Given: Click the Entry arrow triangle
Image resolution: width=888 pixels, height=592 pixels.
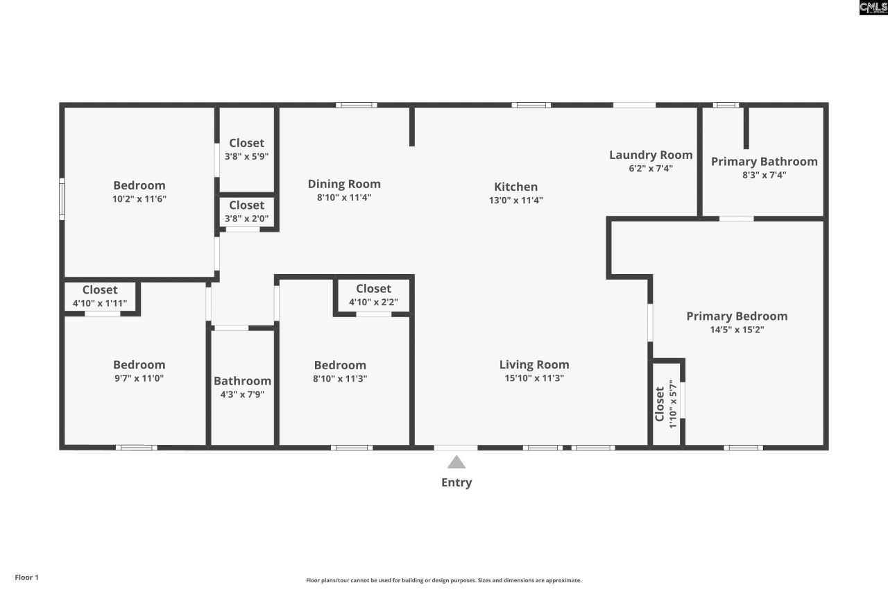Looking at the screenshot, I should (x=456, y=462).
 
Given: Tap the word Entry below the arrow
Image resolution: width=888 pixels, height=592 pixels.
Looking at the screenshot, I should (x=456, y=482).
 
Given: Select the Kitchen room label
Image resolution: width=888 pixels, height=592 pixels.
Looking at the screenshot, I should (x=515, y=187).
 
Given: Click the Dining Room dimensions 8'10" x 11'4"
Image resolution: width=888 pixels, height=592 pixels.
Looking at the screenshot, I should (x=344, y=197).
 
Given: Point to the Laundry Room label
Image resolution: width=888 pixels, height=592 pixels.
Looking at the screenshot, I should (x=651, y=155).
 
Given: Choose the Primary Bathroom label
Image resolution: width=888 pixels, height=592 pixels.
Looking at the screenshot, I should (x=764, y=162).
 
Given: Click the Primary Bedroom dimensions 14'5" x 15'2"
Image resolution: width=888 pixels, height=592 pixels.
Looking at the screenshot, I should (x=737, y=330).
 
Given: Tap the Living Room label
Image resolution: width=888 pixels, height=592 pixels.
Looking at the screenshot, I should (x=534, y=364).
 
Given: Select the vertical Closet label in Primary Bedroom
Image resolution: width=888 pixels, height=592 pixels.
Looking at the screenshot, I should (x=660, y=403).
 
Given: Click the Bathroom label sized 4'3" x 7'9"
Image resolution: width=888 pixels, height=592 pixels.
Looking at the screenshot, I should (x=242, y=381).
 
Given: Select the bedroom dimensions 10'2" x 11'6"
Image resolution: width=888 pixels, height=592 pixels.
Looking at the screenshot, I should (x=139, y=198).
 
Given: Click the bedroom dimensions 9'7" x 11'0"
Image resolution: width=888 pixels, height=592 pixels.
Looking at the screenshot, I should (x=139, y=378).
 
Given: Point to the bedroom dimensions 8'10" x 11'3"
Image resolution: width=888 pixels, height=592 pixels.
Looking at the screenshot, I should (x=340, y=378).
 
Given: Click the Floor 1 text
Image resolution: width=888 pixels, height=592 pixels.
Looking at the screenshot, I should (x=27, y=577).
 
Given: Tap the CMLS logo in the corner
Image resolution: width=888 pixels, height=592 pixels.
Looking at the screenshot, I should (x=873, y=8).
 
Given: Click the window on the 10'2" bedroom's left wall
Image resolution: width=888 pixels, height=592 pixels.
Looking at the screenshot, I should (x=62, y=199).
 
